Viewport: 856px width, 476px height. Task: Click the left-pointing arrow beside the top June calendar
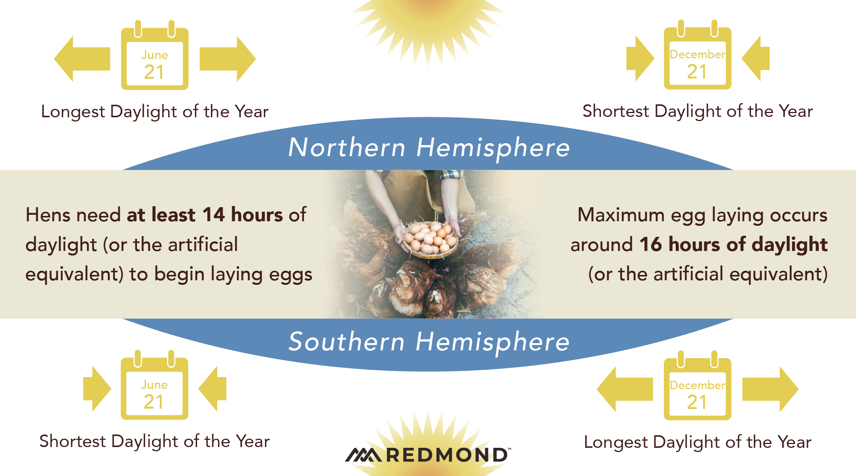pyautogui.click(x=82, y=59)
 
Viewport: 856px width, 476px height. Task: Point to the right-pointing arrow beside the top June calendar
pyautogui.click(x=228, y=59)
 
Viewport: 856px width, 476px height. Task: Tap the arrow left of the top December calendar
pyautogui.click(x=640, y=59)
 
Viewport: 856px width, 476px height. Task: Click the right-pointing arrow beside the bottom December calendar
pyautogui.click(x=770, y=389)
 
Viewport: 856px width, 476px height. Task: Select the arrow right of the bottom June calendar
pyautogui.click(x=212, y=389)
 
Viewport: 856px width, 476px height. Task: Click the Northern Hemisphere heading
pyautogui.click(x=429, y=148)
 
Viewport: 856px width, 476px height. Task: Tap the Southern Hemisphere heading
pyautogui.click(x=429, y=342)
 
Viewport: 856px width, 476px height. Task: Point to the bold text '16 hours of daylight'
pyautogui.click(x=733, y=244)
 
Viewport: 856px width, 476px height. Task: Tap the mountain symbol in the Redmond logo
pyautogui.click(x=363, y=455)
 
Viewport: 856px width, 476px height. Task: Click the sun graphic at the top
pyautogui.click(x=428, y=27)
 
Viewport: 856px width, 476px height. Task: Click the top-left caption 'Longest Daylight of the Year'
pyautogui.click(x=155, y=112)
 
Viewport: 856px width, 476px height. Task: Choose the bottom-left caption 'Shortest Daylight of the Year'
pyautogui.click(x=154, y=442)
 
